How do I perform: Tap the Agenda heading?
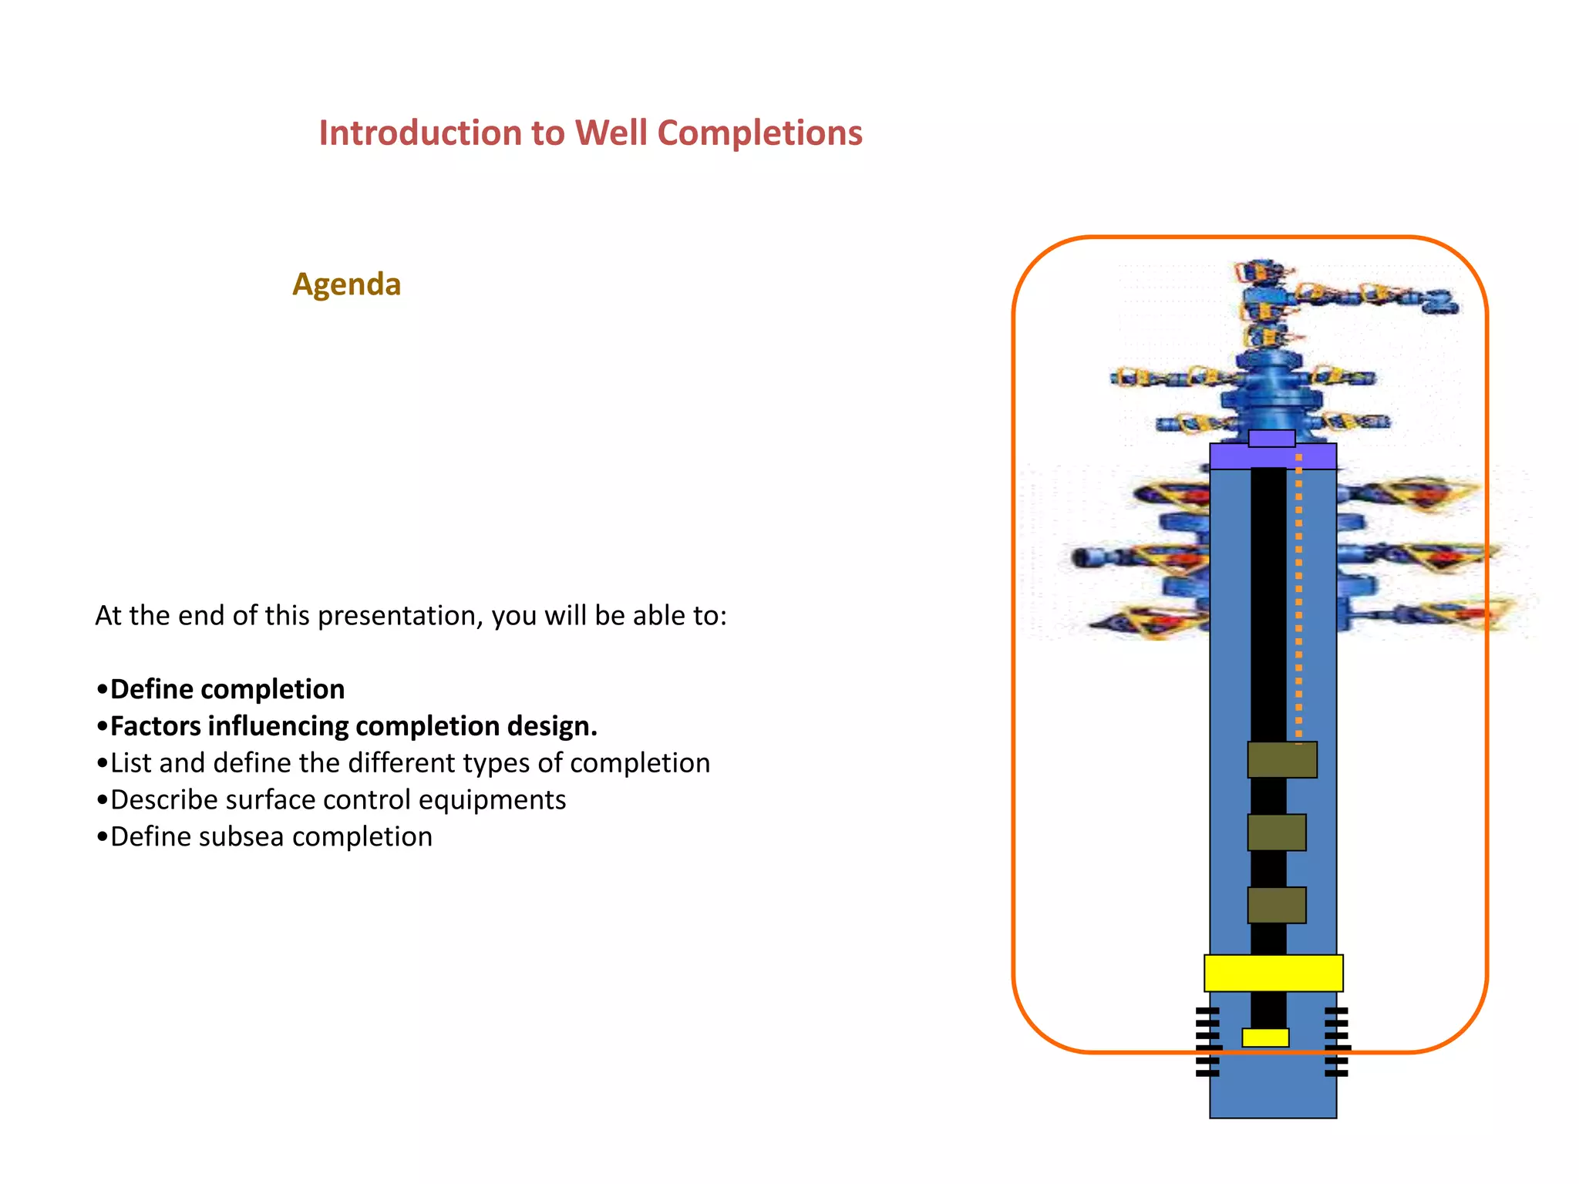(x=346, y=284)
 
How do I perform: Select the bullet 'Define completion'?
(x=227, y=689)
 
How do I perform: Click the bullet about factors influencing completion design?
(x=353, y=726)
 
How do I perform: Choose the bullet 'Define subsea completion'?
(x=271, y=837)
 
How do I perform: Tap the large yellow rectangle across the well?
(x=1273, y=973)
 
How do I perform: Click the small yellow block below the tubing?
(x=1265, y=1038)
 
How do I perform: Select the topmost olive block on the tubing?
(x=1282, y=760)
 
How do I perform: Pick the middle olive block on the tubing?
(x=1277, y=832)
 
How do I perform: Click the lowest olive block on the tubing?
(x=1277, y=905)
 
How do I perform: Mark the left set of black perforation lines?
(x=1207, y=1041)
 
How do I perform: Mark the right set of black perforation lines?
(x=1337, y=1041)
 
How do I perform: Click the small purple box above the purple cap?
(x=1271, y=439)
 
